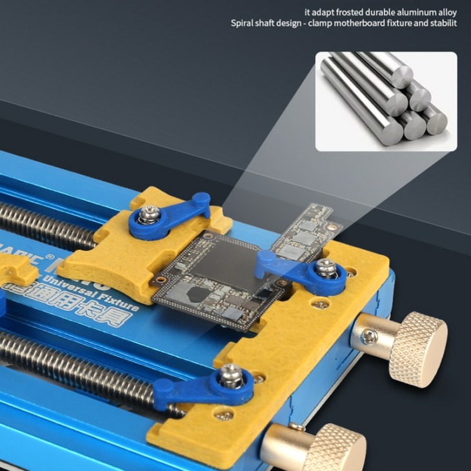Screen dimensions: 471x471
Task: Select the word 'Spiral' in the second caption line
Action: (244, 23)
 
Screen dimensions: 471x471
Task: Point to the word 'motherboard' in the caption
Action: (372, 23)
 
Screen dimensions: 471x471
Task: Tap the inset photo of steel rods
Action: (385, 101)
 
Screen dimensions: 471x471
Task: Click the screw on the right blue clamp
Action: (326, 266)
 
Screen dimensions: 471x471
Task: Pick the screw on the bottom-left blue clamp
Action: (230, 374)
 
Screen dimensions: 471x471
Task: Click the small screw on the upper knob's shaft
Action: (368, 336)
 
